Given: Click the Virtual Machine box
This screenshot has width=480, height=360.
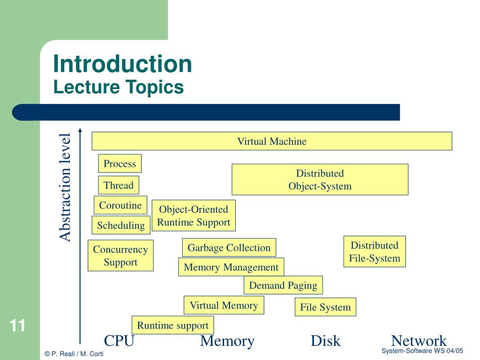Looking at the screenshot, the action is [x=272, y=141].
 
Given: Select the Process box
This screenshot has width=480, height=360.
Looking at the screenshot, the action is [x=120, y=164].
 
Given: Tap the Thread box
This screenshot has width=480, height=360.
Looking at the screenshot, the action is [x=119, y=185].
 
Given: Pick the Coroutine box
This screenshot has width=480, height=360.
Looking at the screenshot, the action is [x=120, y=205].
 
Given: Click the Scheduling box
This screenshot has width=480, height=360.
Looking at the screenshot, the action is [x=121, y=225].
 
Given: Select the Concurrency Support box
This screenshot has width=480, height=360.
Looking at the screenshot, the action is [x=120, y=255].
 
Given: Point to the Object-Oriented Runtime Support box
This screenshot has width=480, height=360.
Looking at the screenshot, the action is [x=194, y=216].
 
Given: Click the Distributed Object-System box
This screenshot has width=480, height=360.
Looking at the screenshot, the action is [x=320, y=180].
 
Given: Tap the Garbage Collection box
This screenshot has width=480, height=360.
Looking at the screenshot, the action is [x=229, y=247].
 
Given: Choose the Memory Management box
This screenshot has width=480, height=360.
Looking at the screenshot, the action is [x=231, y=267].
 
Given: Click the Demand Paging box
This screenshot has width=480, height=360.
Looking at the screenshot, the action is [x=283, y=285].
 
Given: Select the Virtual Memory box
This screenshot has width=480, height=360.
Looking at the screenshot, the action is [x=224, y=305].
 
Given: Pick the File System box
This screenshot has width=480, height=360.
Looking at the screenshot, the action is [x=325, y=307].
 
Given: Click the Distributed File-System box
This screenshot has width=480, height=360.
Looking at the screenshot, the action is [x=375, y=252].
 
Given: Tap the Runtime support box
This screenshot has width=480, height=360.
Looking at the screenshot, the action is [x=172, y=325].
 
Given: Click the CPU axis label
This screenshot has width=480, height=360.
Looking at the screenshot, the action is [x=119, y=341].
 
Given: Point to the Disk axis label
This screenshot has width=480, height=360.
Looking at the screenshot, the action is [x=325, y=341].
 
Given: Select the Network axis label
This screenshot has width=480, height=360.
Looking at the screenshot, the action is [x=419, y=341].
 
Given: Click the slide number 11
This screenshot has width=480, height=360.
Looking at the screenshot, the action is [x=17, y=326].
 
